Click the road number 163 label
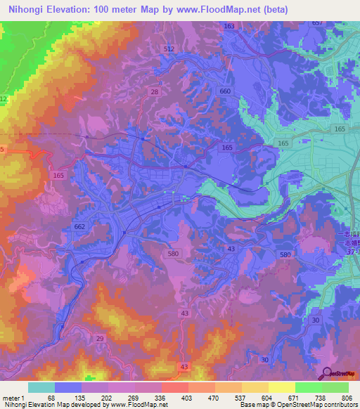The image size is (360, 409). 229,26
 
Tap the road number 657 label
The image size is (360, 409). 318,23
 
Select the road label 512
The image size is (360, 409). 168,48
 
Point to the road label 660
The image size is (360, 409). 225,91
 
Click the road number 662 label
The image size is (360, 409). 79,226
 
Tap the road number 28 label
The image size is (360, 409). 154,92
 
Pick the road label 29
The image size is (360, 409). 99,339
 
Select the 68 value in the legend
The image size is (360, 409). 51,397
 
